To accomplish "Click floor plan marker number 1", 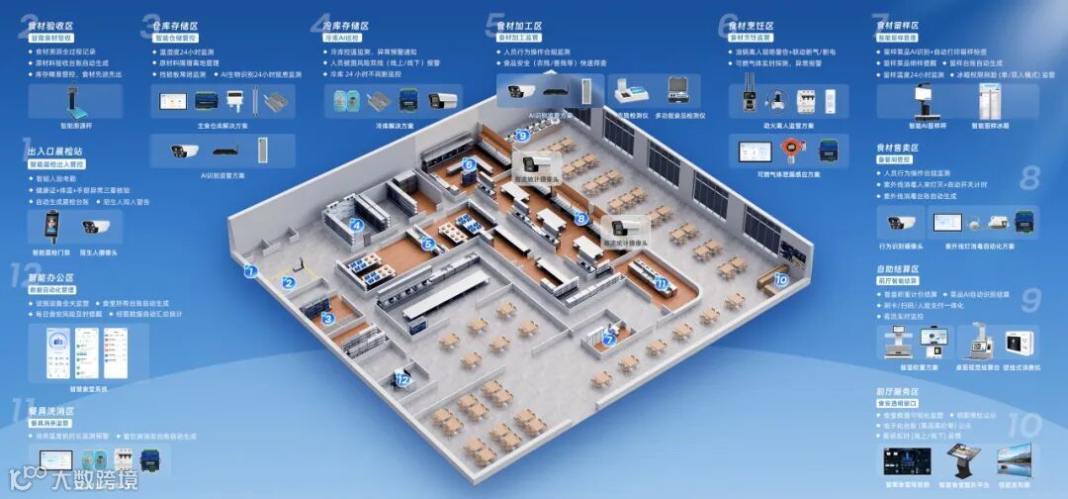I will (x=251, y=270).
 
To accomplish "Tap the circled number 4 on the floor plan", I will (x=357, y=225).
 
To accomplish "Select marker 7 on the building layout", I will (x=609, y=340).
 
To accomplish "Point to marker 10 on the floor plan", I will (x=781, y=280).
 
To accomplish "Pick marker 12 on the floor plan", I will (x=402, y=379).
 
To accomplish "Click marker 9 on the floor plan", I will (x=522, y=136).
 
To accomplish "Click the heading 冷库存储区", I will (x=346, y=26).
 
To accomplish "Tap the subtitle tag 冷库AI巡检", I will (x=345, y=38).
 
